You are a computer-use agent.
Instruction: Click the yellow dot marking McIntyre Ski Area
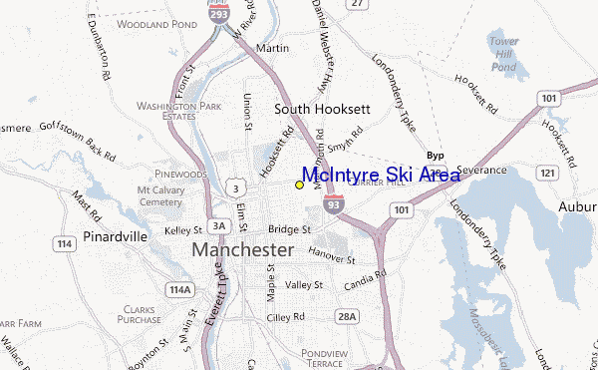tap(299, 185)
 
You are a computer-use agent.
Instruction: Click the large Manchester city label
tap(243, 249)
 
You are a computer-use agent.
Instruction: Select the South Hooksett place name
tap(315, 110)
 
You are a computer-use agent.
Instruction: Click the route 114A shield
tap(180, 289)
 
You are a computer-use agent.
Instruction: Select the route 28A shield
tap(347, 316)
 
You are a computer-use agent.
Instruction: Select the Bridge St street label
tap(291, 229)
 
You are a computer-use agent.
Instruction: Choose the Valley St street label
tap(304, 284)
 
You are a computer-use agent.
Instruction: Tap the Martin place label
tap(272, 48)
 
